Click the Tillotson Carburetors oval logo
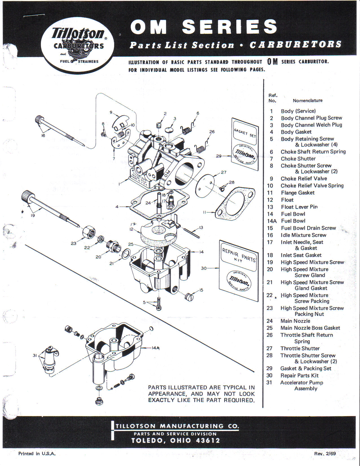[x=78, y=45]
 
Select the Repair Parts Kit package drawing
[x=239, y=271]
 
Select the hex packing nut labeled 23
[x=89, y=232]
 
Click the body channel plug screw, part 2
[x=159, y=125]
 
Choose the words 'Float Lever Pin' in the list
[x=299, y=207]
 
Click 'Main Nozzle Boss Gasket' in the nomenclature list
[x=310, y=328]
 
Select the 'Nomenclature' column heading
[x=307, y=101]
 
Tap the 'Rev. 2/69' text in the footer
[x=325, y=454]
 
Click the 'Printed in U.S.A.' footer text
[x=37, y=454]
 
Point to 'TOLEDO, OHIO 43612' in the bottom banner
[x=175, y=441]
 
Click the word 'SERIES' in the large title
[x=230, y=27]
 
